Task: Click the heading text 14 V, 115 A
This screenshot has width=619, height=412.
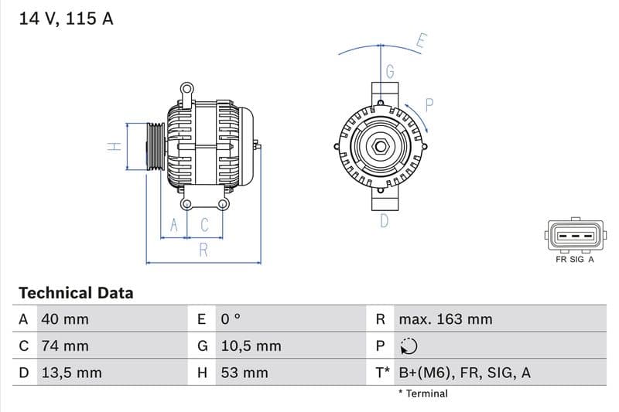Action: point(66,19)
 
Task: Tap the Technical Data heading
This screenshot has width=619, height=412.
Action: point(76,293)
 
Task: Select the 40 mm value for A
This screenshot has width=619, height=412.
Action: point(65,319)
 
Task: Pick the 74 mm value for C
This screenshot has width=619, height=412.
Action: point(65,346)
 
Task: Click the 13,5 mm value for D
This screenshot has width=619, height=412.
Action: point(71,373)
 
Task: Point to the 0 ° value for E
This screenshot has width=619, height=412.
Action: point(231,319)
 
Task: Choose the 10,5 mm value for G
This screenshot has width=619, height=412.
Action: point(251,346)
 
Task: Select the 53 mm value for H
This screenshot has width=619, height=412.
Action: point(245,373)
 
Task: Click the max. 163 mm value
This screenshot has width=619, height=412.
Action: point(445,319)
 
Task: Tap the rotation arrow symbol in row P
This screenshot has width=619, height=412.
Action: point(409,346)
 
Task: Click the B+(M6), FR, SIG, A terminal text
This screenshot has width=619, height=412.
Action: point(464,373)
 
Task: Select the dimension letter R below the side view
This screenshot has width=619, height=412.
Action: point(203,250)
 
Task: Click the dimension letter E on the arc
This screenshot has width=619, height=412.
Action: point(422,41)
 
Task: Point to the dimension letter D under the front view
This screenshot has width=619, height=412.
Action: point(384,222)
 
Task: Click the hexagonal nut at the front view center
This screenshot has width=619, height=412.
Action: point(381,147)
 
